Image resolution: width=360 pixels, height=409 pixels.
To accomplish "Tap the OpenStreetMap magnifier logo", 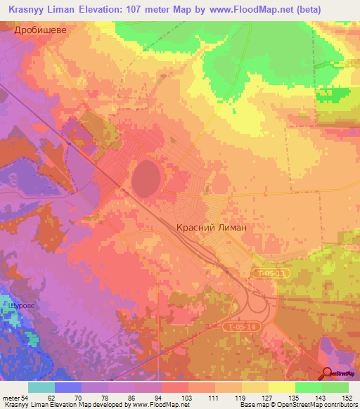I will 328,374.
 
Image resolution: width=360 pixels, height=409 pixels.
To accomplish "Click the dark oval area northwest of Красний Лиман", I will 145,174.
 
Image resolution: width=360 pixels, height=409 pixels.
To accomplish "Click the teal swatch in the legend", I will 41,387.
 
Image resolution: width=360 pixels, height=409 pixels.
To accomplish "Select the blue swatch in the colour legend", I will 68,387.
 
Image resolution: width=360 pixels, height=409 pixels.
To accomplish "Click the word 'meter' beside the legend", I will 11,397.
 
